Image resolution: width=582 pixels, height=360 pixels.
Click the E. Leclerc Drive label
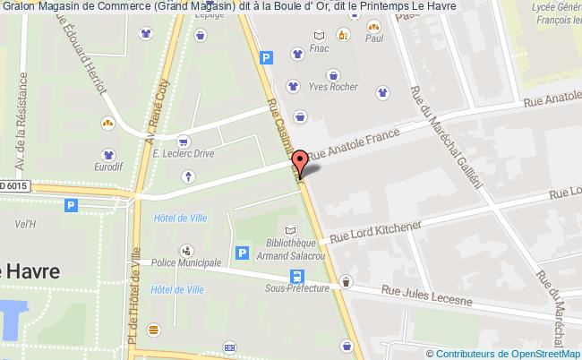[x=183, y=153]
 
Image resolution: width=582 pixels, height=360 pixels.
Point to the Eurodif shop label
[x=108, y=167]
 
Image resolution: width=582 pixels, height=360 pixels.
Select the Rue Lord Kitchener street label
[x=374, y=232]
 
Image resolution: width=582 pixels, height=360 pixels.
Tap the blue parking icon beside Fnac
[x=265, y=57]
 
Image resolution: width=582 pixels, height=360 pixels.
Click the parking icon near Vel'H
[x=72, y=205]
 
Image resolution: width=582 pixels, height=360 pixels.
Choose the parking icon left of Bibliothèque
[x=241, y=253]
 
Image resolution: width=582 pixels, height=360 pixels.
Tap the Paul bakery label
[x=374, y=39]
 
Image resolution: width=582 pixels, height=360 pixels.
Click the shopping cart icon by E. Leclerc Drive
[x=183, y=139]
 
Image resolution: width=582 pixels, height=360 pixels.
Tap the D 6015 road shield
[x=14, y=185]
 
